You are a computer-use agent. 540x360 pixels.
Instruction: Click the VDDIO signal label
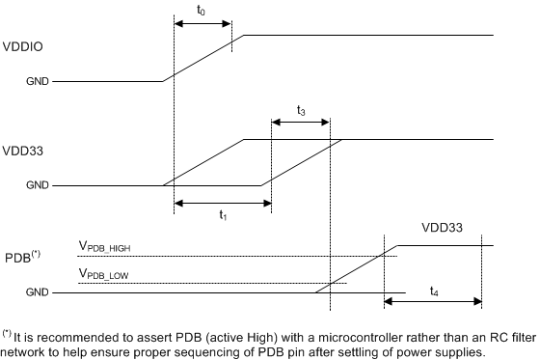click(x=22, y=46)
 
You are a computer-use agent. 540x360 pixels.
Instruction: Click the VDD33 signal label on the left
click(x=22, y=150)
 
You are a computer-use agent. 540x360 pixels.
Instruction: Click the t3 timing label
click(x=302, y=111)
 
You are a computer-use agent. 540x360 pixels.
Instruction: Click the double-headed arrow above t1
click(x=223, y=203)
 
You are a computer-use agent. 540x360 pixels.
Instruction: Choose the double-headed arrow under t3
click(x=301, y=123)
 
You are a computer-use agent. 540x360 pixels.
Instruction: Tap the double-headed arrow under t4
click(x=433, y=302)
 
